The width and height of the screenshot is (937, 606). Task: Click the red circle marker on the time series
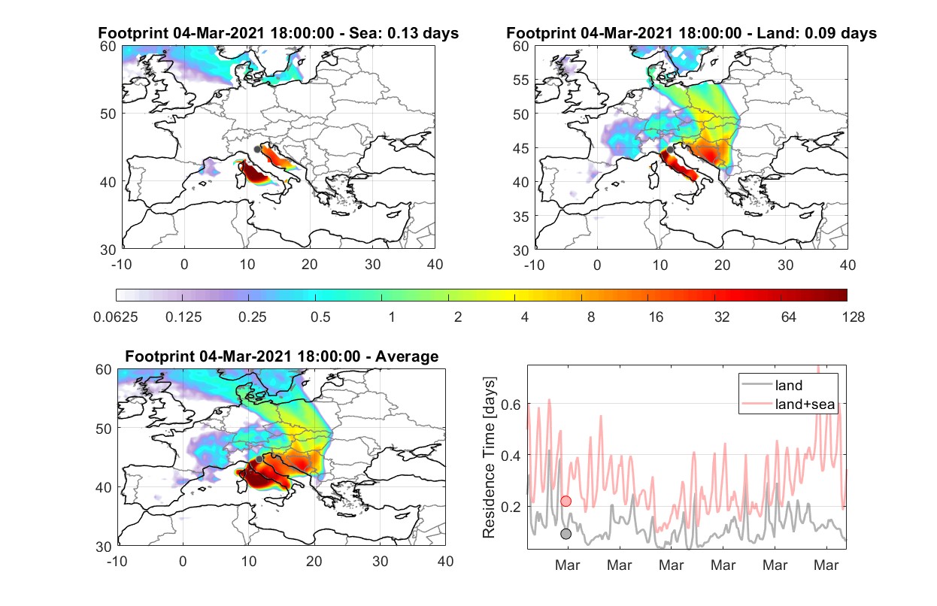pos(566,501)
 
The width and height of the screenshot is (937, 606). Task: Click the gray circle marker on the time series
pos(566,534)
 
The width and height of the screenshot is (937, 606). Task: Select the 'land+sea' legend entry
pos(788,404)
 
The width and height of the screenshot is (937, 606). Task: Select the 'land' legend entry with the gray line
pos(772,385)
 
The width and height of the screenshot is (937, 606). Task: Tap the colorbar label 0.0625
pos(116,317)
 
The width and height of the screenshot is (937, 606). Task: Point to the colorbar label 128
pos(853,317)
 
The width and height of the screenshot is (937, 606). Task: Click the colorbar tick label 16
pos(656,317)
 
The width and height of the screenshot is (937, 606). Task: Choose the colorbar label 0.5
pos(320,317)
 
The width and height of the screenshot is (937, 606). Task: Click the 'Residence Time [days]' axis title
pos(489,458)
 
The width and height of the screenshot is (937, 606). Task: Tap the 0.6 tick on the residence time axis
pos(511,405)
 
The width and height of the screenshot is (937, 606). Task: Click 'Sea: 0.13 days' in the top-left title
pos(404,33)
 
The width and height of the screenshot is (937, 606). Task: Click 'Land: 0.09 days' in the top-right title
pos(817,33)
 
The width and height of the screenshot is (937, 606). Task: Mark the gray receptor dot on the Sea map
pos(258,150)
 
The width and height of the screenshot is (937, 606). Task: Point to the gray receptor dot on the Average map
pos(259,459)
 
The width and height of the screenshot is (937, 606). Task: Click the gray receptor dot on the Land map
pos(670,150)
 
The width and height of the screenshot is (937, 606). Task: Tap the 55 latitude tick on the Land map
pos(521,80)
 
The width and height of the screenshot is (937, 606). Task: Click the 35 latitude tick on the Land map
pos(521,217)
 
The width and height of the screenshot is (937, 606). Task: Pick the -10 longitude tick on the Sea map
pos(121,265)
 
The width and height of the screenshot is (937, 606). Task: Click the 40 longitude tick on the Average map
pos(445,561)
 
